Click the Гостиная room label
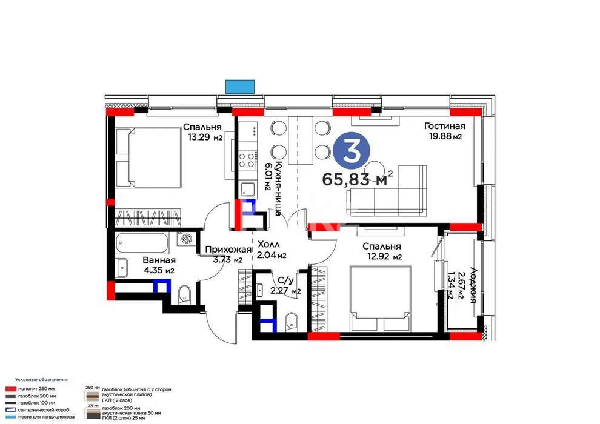(444, 126)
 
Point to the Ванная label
(159, 260)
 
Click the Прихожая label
(227, 250)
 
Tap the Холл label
(268, 244)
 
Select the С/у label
(286, 280)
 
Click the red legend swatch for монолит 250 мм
(11, 388)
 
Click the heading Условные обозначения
(42, 379)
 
